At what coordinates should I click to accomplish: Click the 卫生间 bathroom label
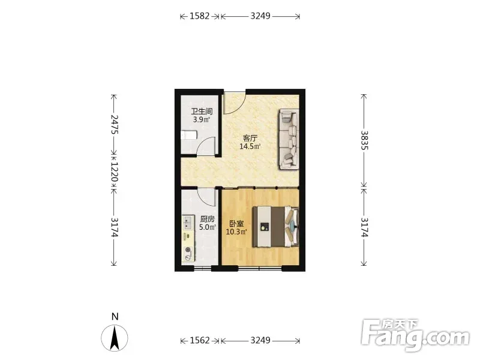coord(202,111)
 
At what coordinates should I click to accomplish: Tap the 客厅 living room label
coord(250,138)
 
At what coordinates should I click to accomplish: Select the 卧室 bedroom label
coord(236,224)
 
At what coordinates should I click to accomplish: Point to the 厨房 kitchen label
coord(208,219)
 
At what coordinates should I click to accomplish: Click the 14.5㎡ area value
coord(250,146)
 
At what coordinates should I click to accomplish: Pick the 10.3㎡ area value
coord(236,232)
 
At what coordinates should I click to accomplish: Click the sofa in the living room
coord(289,139)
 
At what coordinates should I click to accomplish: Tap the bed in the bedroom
coord(275,227)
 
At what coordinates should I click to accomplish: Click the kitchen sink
coord(188,223)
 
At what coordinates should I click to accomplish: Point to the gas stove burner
coord(188,251)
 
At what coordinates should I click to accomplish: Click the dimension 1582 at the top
coord(200,16)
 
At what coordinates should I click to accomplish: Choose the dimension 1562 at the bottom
coord(200,340)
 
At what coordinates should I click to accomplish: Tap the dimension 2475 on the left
coord(114,124)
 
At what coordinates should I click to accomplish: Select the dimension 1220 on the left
coord(114,172)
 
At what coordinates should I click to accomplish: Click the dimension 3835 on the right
coord(364,140)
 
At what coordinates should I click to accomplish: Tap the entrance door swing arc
coord(238,106)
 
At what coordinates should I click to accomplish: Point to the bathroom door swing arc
coord(203,142)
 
